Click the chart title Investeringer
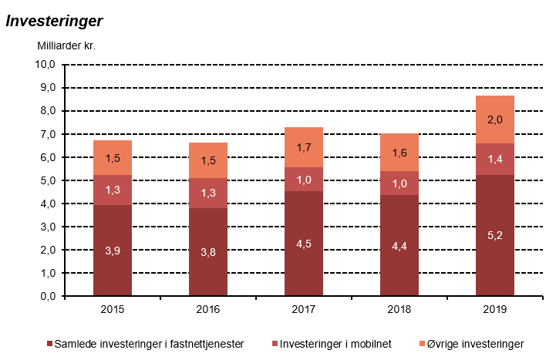tap(55, 21)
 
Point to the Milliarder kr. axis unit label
tap(66, 45)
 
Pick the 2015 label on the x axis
tap(113, 309)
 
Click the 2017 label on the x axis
tap(304, 309)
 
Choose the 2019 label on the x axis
tap(495, 309)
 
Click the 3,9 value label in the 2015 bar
tap(113, 251)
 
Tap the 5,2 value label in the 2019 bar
tap(495, 235)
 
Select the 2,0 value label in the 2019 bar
tap(495, 119)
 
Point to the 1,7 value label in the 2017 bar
tap(304, 147)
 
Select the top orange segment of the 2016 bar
tap(208, 160)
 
